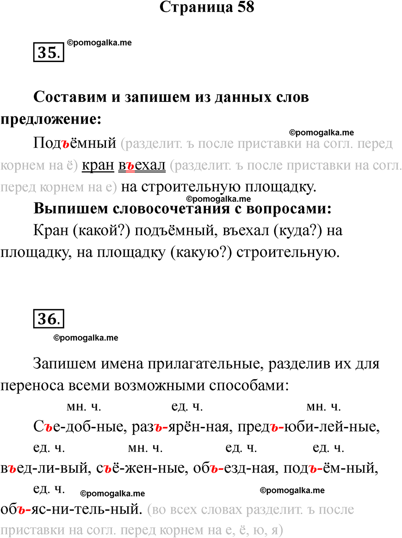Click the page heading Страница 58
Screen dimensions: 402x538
(207, 7)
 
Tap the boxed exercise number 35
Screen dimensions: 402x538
(49, 52)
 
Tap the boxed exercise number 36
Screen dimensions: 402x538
(49, 319)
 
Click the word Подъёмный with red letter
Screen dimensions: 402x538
(75, 143)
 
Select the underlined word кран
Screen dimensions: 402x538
(98, 166)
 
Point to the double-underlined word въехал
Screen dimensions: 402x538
(142, 166)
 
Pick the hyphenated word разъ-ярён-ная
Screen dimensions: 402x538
(181, 427)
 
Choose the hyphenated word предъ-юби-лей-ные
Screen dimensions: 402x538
(309, 427)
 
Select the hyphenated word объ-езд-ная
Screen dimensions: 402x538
(235, 468)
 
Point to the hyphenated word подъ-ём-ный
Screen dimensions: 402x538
(330, 468)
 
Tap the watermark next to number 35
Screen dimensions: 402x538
(99, 43)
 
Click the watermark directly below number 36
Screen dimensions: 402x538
(86, 338)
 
